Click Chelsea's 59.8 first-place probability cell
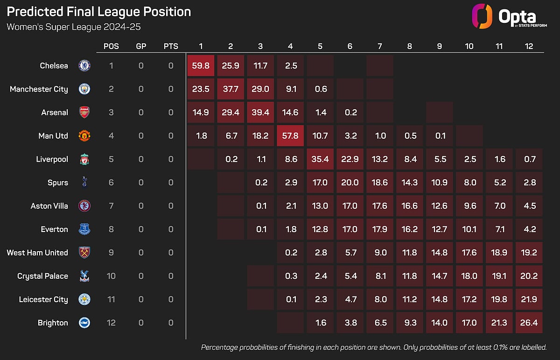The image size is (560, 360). [201, 65]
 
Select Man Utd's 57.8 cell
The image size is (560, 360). [290, 135]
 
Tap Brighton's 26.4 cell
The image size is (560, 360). [529, 323]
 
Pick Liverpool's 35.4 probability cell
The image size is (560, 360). [320, 159]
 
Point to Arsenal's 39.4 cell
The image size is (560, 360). [260, 113]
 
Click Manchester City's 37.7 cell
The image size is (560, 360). [231, 89]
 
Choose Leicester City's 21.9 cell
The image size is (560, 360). [529, 299]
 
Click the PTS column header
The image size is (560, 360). [171, 46]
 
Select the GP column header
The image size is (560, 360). [141, 46]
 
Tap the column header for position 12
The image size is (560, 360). [529, 46]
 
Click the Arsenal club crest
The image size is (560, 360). [84, 113]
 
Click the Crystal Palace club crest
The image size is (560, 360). [84, 276]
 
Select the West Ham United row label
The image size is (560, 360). [37, 253]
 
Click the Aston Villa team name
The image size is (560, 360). [49, 206]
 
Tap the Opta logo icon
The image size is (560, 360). [482, 16]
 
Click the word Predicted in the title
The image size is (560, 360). [35, 12]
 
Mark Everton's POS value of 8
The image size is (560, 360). [111, 229]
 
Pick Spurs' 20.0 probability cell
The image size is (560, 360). [350, 183]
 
